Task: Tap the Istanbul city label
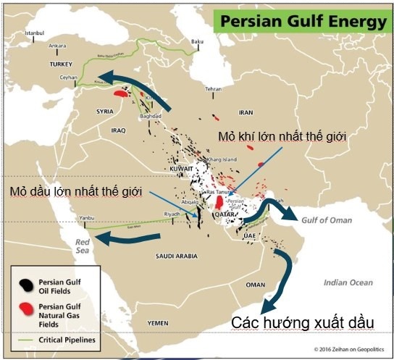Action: (35, 33)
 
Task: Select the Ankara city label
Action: (56, 46)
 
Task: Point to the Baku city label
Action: (196, 41)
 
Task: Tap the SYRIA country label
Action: (105, 112)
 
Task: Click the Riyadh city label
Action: (172, 214)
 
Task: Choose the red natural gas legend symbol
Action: (28, 309)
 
